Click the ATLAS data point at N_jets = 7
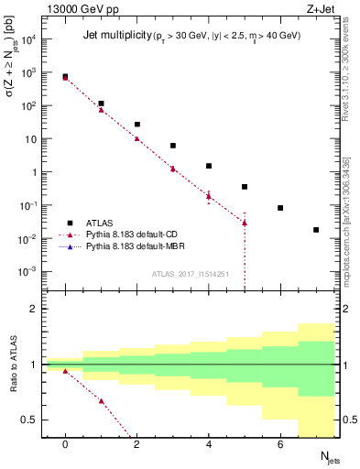316,230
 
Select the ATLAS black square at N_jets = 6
280,208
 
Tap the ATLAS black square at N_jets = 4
209,166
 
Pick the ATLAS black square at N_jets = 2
137,125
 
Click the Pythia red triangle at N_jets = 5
245,223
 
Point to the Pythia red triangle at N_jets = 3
173,169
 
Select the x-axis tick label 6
280,445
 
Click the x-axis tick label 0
65,445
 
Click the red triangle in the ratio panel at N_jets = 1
101,401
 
